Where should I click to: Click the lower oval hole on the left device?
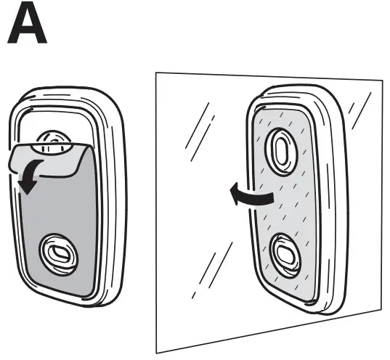pos(57,253)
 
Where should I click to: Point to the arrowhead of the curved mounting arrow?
pos(230,193)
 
